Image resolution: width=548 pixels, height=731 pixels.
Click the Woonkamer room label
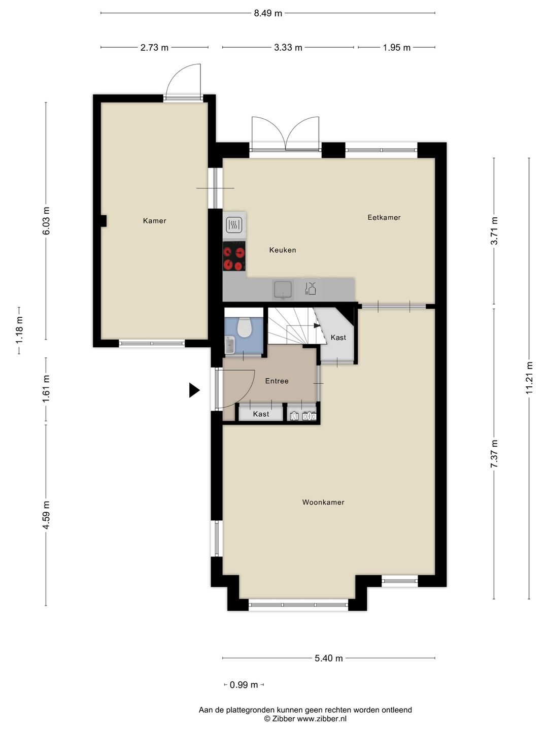click(323, 502)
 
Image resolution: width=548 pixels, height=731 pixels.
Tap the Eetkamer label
click(384, 217)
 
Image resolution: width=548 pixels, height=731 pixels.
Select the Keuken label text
click(283, 250)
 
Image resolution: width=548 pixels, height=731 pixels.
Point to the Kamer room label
click(155, 221)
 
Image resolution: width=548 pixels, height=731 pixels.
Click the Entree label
click(277, 381)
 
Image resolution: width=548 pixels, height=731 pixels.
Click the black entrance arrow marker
click(194, 390)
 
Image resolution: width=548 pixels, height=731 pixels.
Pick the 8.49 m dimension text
click(268, 13)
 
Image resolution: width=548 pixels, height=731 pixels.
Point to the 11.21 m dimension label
click(529, 378)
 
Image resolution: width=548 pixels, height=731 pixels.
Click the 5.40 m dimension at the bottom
click(329, 658)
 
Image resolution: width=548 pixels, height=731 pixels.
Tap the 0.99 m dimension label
click(244, 685)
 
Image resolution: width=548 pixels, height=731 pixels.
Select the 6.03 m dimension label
click(46, 221)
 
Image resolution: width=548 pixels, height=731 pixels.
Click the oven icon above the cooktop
click(233, 224)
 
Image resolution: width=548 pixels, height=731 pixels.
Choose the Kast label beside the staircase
click(338, 338)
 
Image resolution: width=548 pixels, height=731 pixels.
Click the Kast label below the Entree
click(261, 414)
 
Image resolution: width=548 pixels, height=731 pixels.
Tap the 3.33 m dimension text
click(288, 48)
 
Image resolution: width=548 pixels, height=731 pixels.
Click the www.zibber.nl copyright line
click(305, 719)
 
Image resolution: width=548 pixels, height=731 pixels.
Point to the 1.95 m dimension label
click(397, 48)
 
